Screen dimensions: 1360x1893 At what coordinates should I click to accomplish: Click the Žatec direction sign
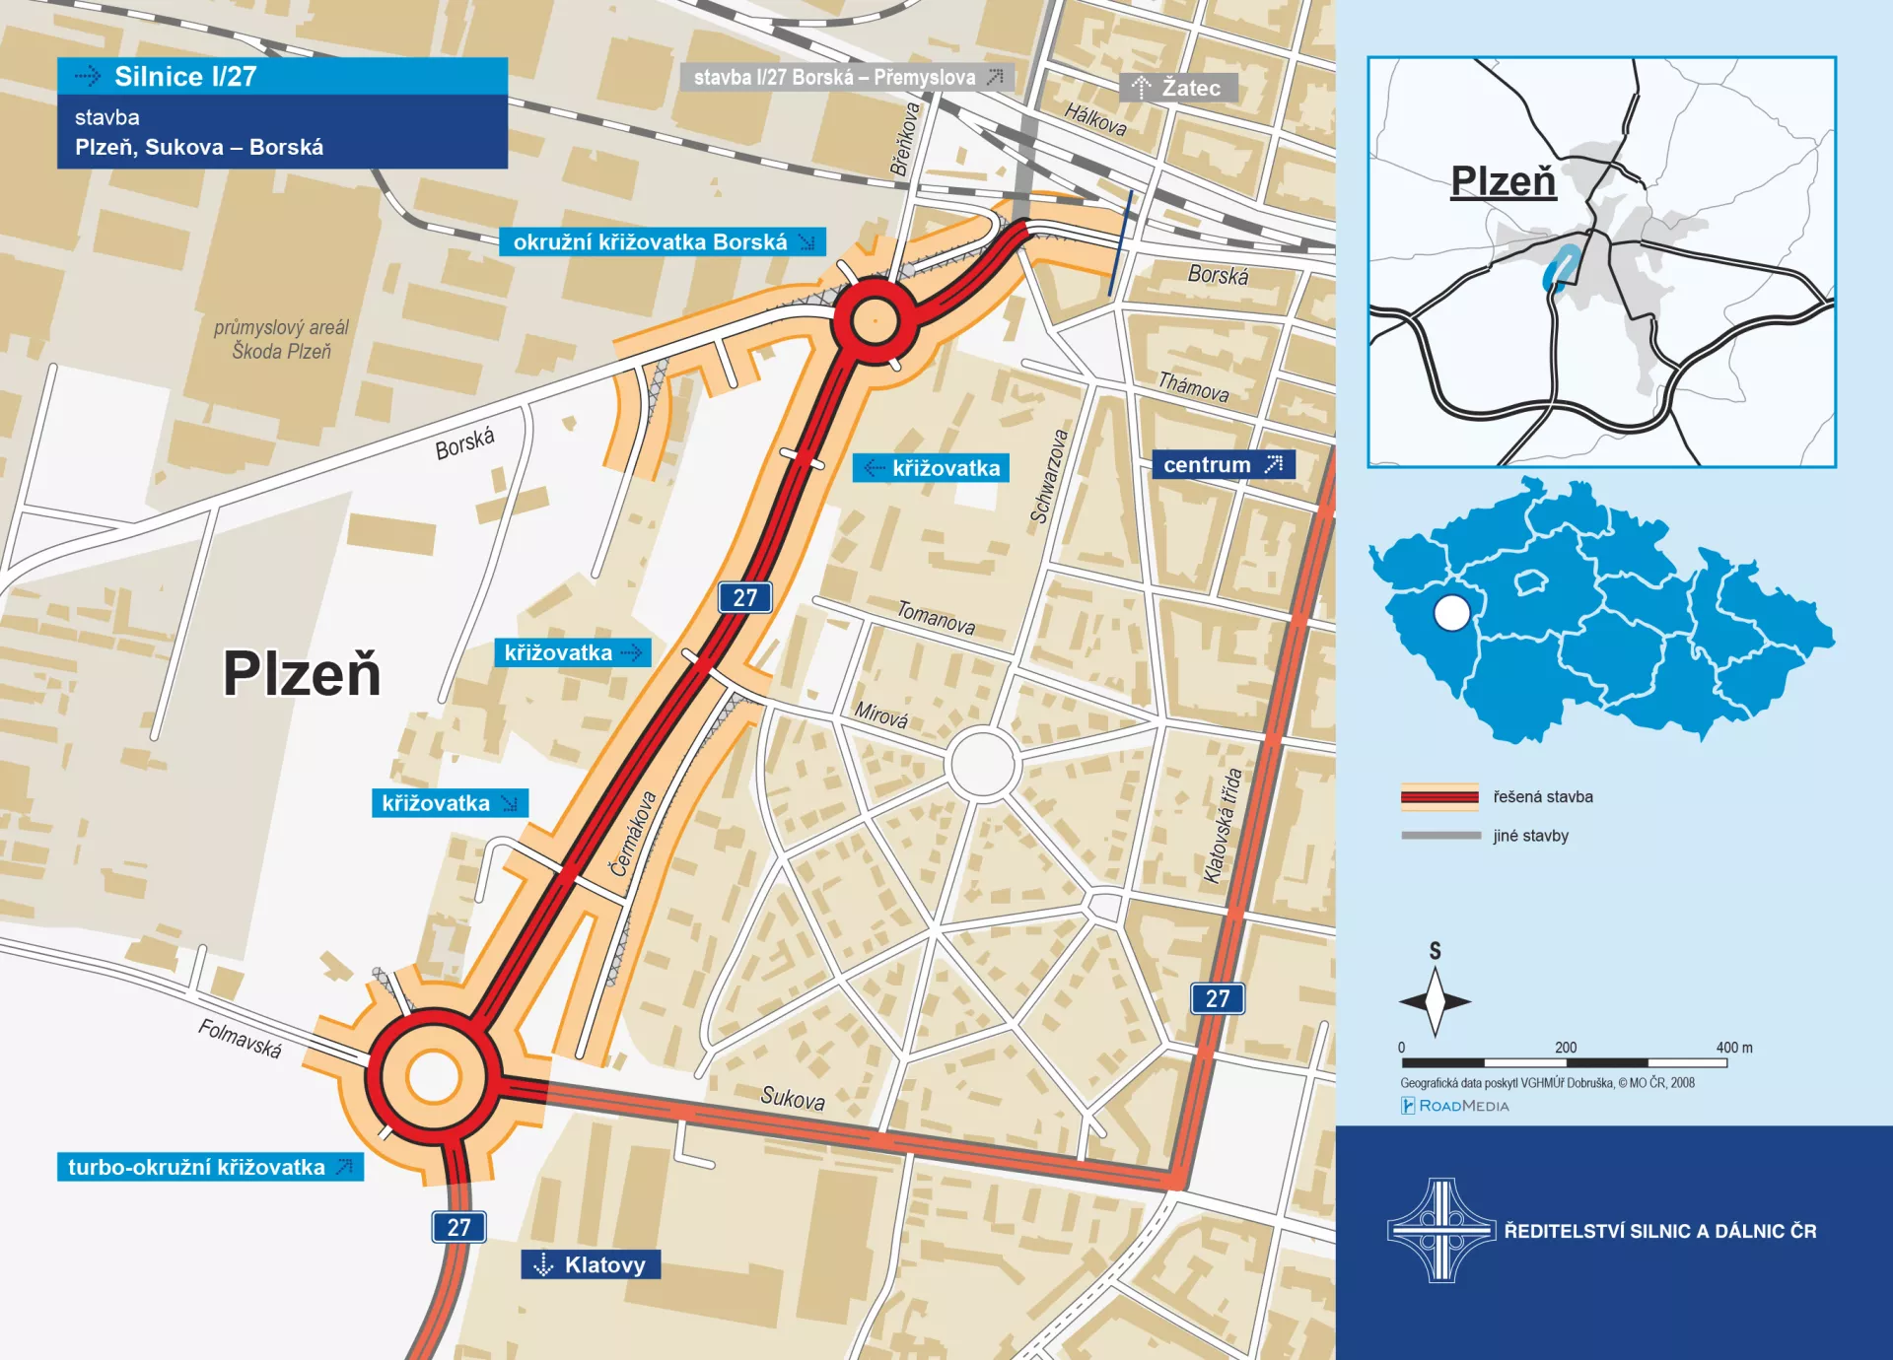click(x=1178, y=88)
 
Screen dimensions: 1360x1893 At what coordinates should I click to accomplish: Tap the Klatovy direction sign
click(x=591, y=1264)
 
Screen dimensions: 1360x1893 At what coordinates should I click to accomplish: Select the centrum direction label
click(x=1223, y=465)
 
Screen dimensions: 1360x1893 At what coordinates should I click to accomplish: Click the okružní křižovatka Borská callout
click(x=662, y=242)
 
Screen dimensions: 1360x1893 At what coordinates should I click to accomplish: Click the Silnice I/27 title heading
click(x=185, y=77)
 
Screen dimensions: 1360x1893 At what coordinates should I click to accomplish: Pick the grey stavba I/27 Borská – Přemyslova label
click(x=846, y=77)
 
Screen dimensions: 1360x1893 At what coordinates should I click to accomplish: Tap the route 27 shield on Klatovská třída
click(x=1218, y=998)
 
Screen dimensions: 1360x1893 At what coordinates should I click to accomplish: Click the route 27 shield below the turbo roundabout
click(x=458, y=1227)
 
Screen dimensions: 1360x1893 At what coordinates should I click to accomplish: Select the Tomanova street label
click(x=936, y=618)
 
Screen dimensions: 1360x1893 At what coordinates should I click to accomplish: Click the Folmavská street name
click(x=240, y=1038)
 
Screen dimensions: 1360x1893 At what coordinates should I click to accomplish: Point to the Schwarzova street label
click(x=1049, y=476)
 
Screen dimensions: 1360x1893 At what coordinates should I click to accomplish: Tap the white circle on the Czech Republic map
click(x=1451, y=613)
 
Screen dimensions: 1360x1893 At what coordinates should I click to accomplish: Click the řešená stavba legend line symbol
click(x=1439, y=796)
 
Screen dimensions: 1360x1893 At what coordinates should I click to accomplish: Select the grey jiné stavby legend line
click(x=1440, y=836)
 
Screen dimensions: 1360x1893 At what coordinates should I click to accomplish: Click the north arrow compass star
click(x=1436, y=1000)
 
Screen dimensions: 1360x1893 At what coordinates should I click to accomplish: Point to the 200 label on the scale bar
click(x=1566, y=1048)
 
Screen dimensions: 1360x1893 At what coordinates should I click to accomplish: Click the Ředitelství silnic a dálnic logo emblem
click(x=1441, y=1230)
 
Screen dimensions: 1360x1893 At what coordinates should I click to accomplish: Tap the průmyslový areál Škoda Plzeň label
click(x=282, y=339)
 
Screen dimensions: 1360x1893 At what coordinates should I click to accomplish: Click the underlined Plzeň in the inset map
click(x=1503, y=181)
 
